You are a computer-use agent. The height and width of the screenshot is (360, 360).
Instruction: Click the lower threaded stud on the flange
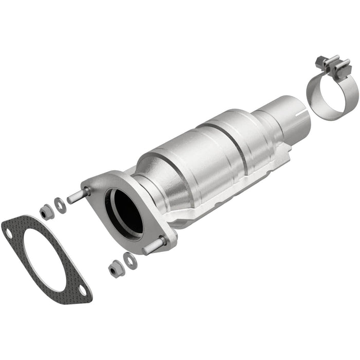click(x=153, y=246)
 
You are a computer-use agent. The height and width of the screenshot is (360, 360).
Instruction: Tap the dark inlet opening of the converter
click(x=125, y=211)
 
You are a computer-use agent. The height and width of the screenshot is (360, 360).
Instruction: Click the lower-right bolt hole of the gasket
click(x=82, y=291)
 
